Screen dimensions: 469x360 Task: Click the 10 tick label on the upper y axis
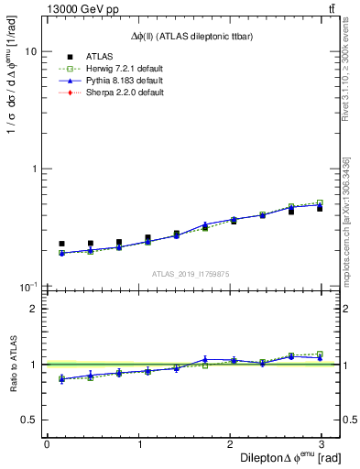(x=30, y=52)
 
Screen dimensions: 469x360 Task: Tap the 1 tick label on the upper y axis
(x=33, y=169)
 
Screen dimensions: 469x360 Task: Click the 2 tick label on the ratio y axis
(x=33, y=309)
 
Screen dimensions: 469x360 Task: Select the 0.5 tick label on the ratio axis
(x=28, y=420)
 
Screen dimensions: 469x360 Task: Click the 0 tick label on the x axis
(x=47, y=444)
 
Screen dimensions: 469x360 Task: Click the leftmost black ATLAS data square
(x=61, y=244)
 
